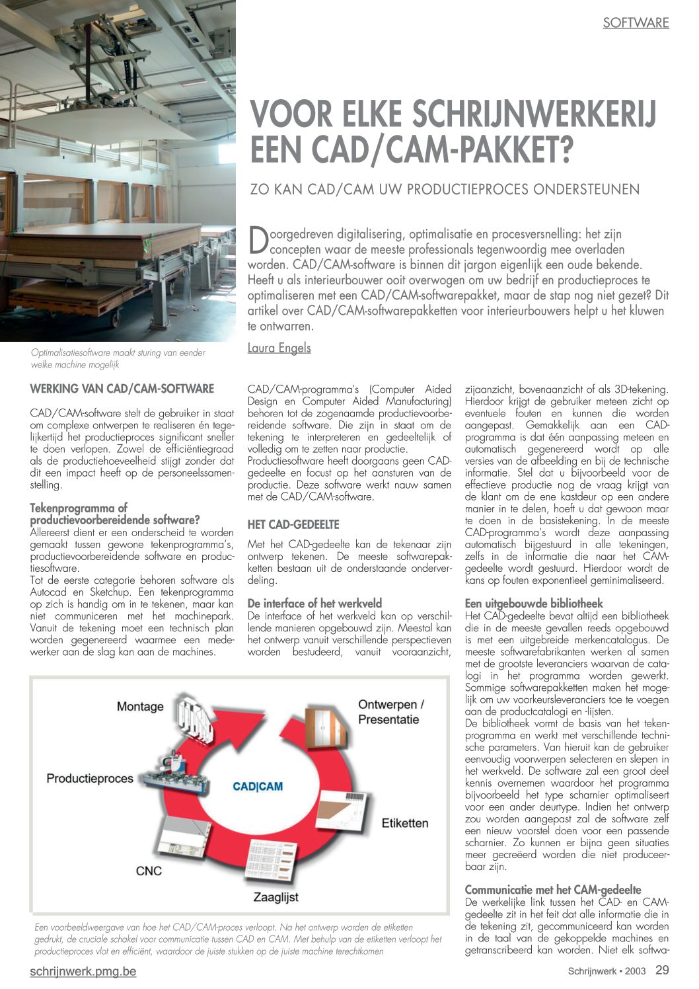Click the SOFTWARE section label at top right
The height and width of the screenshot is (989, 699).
636,23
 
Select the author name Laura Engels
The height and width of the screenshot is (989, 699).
279,348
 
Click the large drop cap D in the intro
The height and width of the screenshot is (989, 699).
258,241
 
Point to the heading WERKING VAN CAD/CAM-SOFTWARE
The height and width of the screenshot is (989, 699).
122,389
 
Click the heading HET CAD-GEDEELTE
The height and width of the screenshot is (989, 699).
293,524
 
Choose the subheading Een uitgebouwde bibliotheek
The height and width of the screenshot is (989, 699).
534,604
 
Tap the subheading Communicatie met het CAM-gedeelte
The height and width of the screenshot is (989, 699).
553,890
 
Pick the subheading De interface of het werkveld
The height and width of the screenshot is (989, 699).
314,603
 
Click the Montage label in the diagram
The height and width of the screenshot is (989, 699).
140,707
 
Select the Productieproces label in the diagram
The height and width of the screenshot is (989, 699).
90,779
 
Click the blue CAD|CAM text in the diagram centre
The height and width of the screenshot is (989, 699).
258,787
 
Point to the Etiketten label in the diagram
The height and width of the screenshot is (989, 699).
405,823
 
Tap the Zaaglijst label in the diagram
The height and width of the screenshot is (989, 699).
276,897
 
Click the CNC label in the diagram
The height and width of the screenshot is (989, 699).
149,871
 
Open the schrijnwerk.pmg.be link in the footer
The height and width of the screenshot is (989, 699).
83,972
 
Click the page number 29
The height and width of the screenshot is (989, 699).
662,970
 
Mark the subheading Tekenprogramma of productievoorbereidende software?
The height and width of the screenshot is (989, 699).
115,514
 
